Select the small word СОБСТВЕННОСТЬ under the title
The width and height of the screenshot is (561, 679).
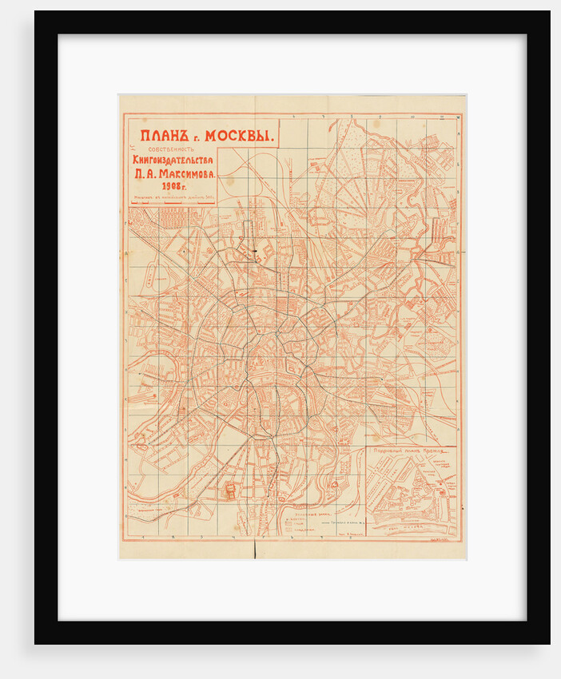point(171,149)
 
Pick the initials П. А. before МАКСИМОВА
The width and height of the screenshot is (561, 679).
point(144,173)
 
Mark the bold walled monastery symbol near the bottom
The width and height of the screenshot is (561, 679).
point(231,492)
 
